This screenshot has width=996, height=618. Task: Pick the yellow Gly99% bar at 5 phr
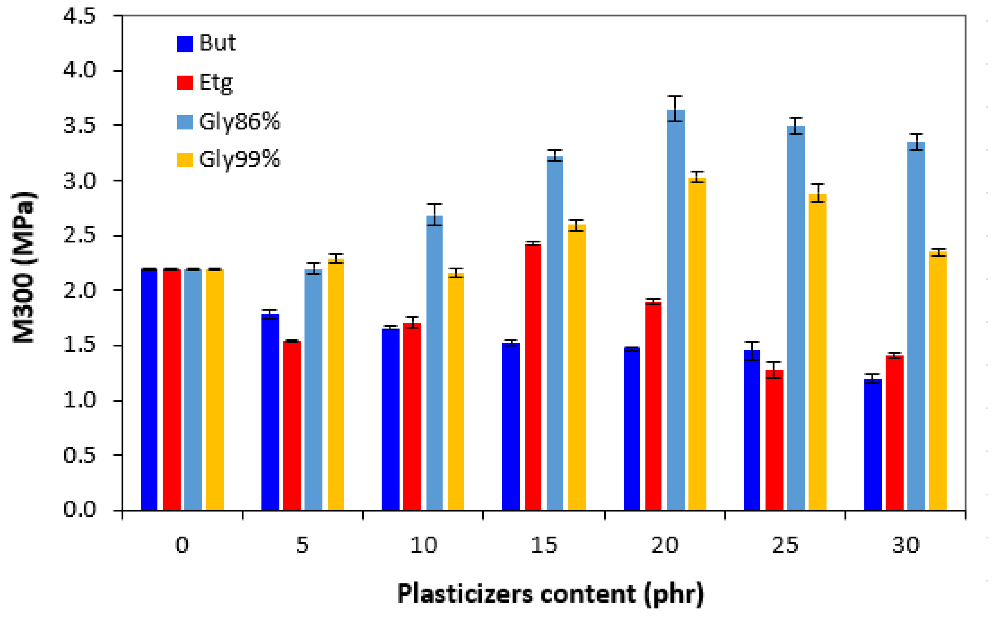coord(336,384)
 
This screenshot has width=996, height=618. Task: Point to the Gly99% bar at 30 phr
coord(938,381)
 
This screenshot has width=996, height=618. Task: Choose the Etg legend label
coord(216,82)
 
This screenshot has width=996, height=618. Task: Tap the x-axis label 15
coord(544,545)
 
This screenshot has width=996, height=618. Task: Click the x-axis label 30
coord(905,545)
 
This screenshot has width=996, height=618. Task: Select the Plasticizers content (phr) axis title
coord(550,594)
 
